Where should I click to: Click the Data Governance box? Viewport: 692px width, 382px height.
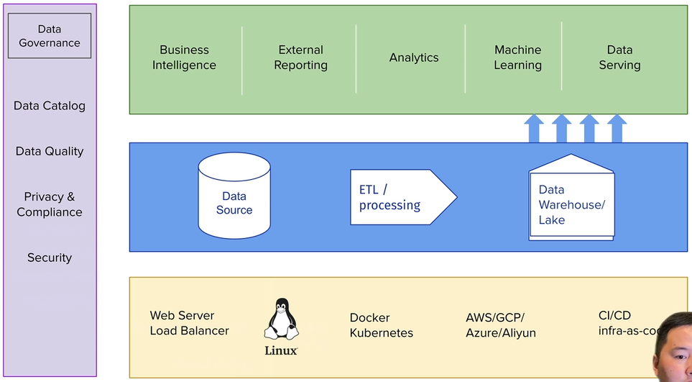point(50,36)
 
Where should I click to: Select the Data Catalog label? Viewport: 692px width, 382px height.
point(50,106)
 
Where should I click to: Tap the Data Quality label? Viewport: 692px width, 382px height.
point(50,151)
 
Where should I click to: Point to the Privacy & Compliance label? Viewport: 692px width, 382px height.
point(50,204)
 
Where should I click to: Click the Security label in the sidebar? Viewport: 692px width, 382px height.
point(50,258)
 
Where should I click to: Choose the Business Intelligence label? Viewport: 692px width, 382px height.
point(184,58)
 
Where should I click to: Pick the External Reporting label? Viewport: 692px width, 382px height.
point(301,58)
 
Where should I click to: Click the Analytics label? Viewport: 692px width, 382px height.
point(414,58)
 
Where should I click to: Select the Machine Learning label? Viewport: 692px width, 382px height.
point(517,58)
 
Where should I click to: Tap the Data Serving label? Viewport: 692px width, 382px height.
point(619,58)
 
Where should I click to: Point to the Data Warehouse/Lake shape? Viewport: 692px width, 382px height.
point(572,199)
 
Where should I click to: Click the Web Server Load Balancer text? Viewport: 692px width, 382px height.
point(189,323)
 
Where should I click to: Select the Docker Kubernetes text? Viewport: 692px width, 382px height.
point(381,325)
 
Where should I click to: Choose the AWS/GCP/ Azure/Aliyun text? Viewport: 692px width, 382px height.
point(501,325)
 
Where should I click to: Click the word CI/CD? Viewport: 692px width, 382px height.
point(614,315)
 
